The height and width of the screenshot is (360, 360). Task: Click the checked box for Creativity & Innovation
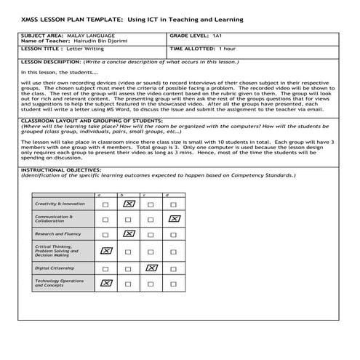click(x=129, y=204)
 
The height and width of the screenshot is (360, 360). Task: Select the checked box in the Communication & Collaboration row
click(x=173, y=219)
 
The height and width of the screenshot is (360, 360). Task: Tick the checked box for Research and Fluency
click(x=129, y=234)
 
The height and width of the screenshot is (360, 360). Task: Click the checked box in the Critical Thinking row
click(x=106, y=251)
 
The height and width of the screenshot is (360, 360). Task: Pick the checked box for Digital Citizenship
click(x=151, y=268)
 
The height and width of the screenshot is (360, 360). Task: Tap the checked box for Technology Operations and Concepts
click(x=106, y=283)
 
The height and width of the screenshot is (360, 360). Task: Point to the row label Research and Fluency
click(x=58, y=234)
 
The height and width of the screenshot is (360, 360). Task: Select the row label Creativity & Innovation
click(x=60, y=204)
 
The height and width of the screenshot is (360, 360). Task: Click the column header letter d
click(x=167, y=195)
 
